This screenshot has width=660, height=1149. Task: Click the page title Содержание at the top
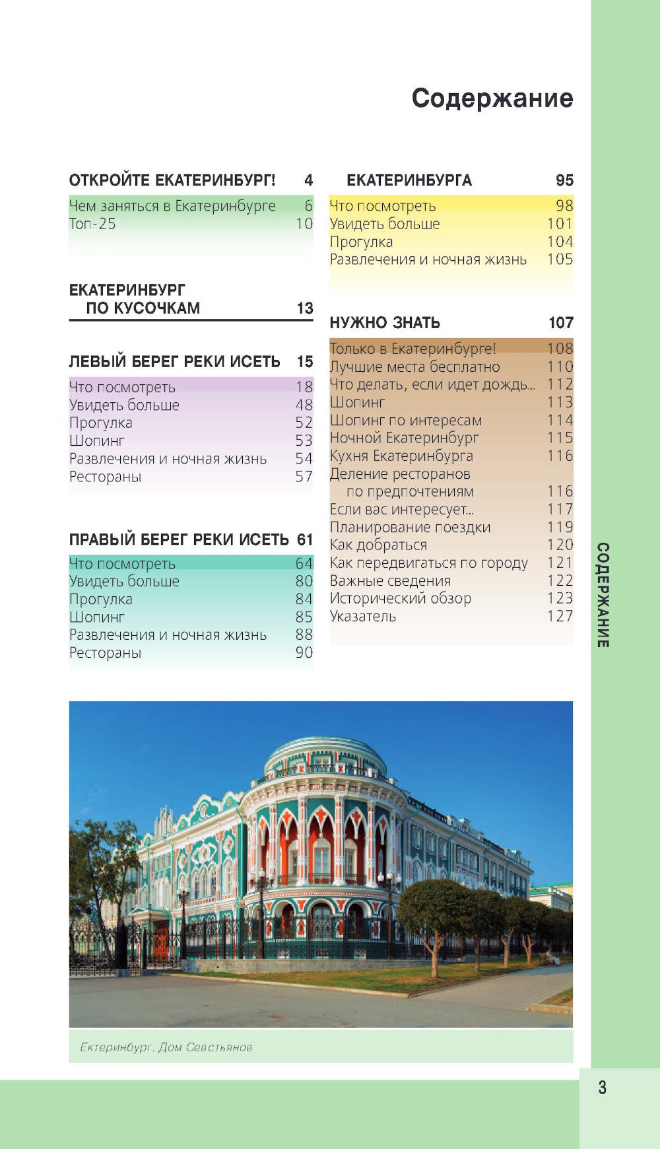[492, 98]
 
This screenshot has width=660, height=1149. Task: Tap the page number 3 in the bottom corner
[602, 1088]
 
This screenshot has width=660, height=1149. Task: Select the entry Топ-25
[92, 224]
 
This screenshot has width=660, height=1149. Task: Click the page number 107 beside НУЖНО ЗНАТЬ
[560, 323]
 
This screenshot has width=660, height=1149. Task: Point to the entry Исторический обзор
[400, 599]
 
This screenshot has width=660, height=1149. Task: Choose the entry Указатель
[362, 617]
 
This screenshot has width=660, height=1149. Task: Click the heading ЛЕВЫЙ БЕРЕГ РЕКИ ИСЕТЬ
[174, 362]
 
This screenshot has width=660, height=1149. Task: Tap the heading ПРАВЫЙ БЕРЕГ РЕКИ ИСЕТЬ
[179, 540]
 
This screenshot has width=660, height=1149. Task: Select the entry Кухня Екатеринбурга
[401, 456]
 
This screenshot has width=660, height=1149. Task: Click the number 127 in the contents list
[560, 617]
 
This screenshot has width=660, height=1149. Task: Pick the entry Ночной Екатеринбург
[404, 438]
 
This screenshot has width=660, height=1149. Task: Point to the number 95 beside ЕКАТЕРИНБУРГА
[564, 180]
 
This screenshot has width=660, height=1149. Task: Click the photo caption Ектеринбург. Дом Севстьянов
[166, 1047]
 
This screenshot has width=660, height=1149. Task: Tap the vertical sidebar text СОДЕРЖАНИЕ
[603, 594]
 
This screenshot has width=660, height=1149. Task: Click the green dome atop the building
[325, 752]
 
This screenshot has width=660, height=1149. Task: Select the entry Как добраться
[378, 545]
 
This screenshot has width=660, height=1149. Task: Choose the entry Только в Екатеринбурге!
[412, 349]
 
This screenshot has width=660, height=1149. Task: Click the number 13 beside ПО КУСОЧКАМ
[304, 308]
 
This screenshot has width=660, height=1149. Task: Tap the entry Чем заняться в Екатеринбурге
[172, 206]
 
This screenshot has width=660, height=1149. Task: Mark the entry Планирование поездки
[410, 528]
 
